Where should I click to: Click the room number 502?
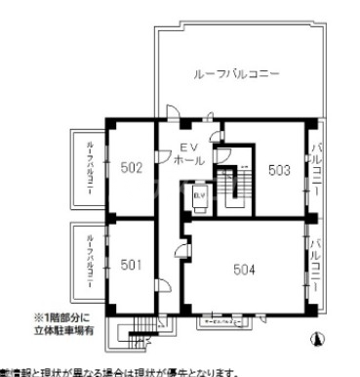tap(132, 168)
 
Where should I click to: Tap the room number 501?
tap(132, 264)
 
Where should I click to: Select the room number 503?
tap(279, 169)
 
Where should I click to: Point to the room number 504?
tap(245, 268)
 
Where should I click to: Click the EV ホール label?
tap(185, 152)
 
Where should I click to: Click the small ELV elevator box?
tap(199, 198)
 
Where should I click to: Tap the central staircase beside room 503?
tap(233, 187)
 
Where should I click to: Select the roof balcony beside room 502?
tap(89, 169)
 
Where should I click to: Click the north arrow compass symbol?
tap(315, 339)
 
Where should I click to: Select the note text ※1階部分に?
tap(64, 317)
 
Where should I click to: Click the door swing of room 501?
tap(164, 285)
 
